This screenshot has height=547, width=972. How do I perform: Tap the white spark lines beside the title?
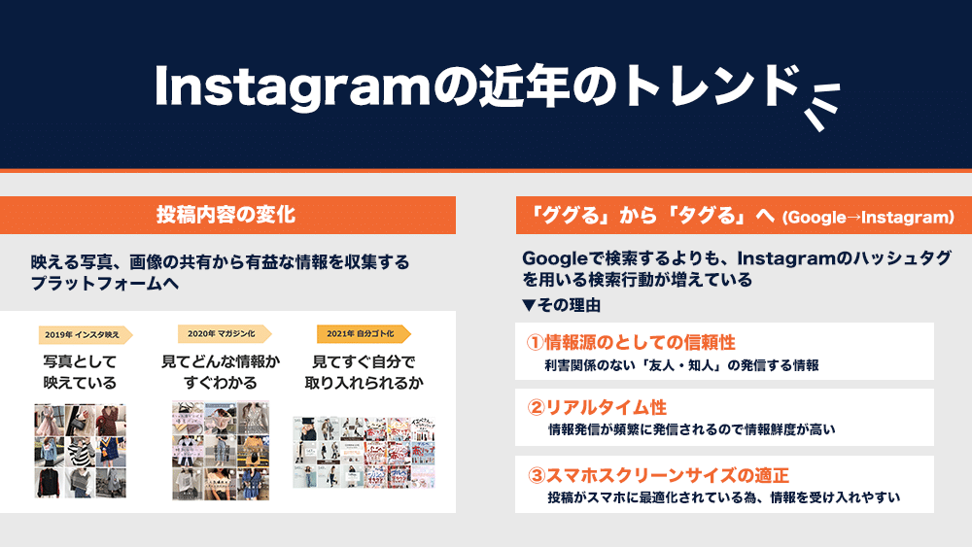[821, 105]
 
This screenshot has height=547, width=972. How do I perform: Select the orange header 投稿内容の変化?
[227, 215]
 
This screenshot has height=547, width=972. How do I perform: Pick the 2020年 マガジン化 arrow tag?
[225, 334]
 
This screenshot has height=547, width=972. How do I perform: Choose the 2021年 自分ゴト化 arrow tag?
[364, 334]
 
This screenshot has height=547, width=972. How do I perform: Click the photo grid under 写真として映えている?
[80, 451]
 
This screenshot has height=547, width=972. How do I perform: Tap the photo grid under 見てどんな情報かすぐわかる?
[221, 450]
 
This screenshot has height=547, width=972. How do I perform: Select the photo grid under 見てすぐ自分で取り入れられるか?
[364, 452]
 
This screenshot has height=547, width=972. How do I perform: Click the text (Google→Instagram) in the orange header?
[868, 218]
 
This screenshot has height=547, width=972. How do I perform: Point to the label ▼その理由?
[561, 305]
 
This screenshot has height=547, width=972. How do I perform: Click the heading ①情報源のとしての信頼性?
[631, 342]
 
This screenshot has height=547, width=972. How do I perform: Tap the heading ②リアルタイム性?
[597, 407]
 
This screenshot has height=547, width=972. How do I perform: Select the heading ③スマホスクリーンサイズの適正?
[658, 475]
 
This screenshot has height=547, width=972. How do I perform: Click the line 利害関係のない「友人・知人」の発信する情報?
[682, 365]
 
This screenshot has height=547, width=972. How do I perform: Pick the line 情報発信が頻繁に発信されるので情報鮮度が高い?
[692, 429]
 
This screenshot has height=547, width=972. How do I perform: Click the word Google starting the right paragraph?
[555, 258]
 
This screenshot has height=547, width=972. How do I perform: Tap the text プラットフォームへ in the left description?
[105, 283]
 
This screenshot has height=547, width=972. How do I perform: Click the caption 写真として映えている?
[80, 372]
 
